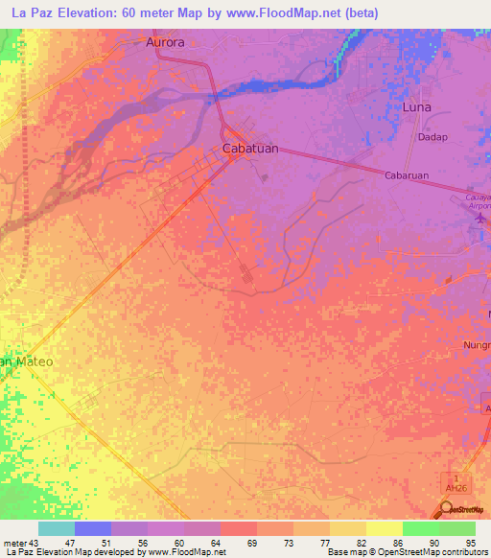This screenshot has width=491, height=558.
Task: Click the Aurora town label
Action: point(164,43)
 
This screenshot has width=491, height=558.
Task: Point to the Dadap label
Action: point(433,137)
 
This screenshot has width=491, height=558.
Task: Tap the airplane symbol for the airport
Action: point(481,220)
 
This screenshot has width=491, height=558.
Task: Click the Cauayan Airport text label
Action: point(478,199)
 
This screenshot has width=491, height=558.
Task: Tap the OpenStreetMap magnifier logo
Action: point(447,510)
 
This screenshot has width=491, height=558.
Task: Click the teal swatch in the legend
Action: point(57,528)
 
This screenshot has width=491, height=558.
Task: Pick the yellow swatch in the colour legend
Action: point(385,528)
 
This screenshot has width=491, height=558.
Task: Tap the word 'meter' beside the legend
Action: point(14,543)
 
